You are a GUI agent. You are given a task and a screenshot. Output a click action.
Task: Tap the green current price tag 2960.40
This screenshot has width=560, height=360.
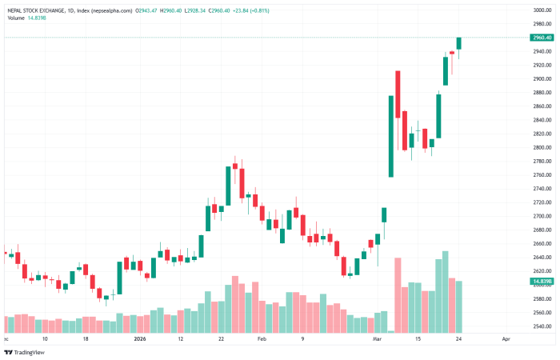(x=542, y=38)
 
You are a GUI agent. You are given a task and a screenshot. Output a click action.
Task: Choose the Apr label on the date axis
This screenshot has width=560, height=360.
(x=505, y=339)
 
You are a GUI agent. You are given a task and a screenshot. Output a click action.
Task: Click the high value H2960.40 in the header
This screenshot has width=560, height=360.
(x=193, y=10)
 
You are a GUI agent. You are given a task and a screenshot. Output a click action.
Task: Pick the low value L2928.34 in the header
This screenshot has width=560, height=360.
(x=227, y=10)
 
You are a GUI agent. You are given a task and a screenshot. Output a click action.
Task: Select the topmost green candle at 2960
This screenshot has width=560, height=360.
(x=460, y=43)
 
